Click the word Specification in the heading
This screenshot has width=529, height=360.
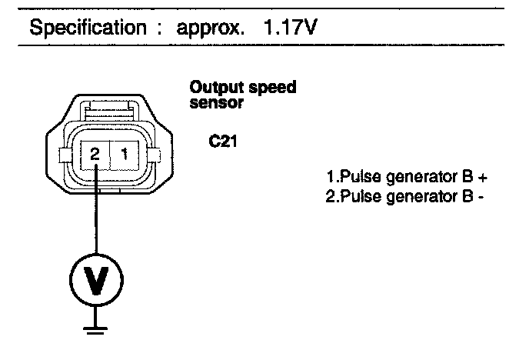tap(85, 29)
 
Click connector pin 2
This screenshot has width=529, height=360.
tap(94, 155)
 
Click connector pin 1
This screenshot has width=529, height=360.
tap(125, 155)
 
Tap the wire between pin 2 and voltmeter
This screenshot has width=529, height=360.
tap(94, 215)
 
